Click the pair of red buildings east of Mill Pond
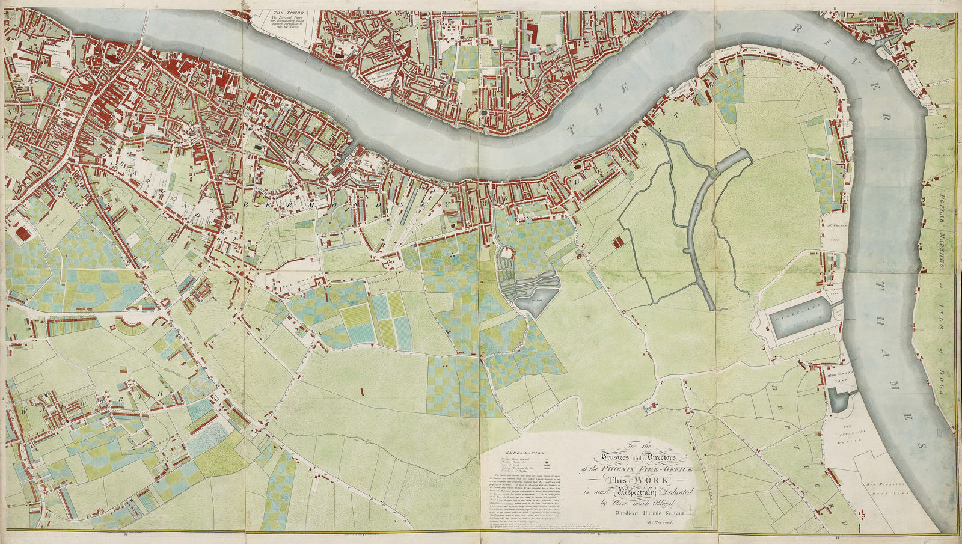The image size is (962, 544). coord(617,242)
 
